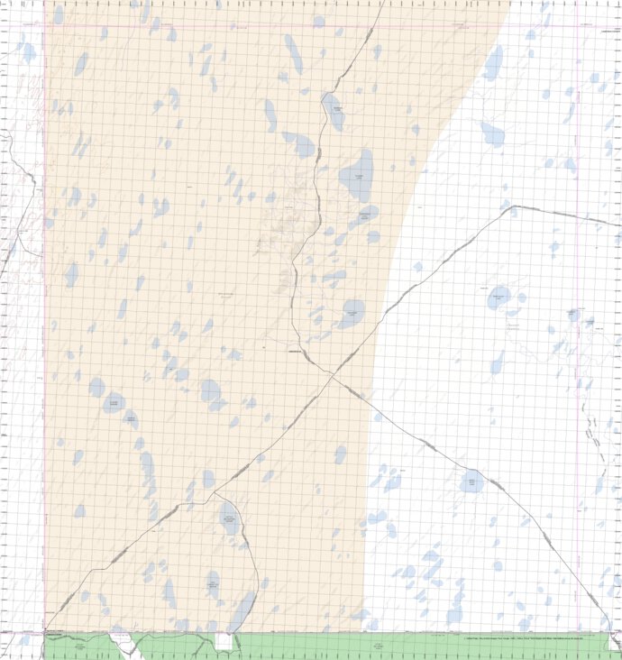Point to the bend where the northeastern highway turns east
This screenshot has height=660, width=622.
click(512, 206)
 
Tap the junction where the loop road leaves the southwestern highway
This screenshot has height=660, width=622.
click(214, 494)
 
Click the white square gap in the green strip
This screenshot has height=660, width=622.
click(223, 641)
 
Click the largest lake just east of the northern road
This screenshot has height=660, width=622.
click(356, 174)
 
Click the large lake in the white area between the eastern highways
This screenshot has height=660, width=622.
click(499, 297)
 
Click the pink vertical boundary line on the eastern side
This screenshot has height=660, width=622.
click(578, 316)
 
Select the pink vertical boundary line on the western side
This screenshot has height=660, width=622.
click(44, 316)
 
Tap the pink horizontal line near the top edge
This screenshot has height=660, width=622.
click(270, 24)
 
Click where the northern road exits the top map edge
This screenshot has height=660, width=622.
click(383, 2)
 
